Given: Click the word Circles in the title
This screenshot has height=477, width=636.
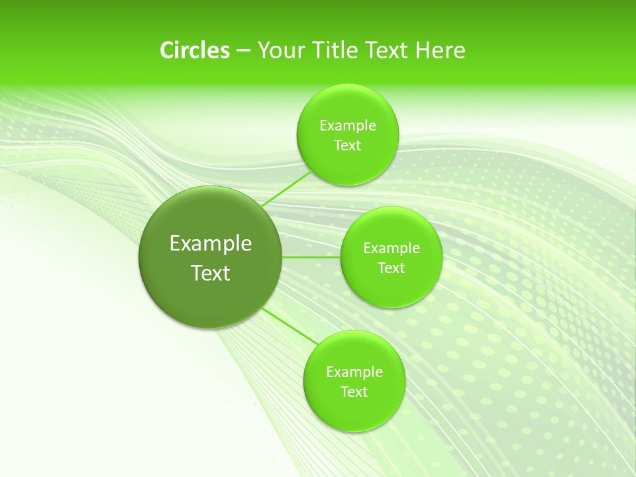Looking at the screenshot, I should point(194,50).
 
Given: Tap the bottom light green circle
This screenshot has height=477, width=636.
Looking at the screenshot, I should point(354,414).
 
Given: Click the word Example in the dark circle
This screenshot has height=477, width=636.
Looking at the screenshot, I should point(211,243).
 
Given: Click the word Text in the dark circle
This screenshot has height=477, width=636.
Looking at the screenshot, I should point(211,273).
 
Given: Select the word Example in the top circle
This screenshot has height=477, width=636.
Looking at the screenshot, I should point(347,126).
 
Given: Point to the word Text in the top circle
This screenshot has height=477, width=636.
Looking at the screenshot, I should point(347,146).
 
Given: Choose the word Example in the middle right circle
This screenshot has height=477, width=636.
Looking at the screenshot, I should point(391,248).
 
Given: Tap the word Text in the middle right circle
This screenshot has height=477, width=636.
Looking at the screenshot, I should point(391,268).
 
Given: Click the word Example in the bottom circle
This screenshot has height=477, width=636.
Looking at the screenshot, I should point(354,372).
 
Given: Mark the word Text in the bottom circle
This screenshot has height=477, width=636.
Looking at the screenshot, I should point(354,392).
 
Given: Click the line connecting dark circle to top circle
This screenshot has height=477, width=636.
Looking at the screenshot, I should point(286,190).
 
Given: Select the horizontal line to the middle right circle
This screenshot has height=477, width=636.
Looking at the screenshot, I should point(311,257).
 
